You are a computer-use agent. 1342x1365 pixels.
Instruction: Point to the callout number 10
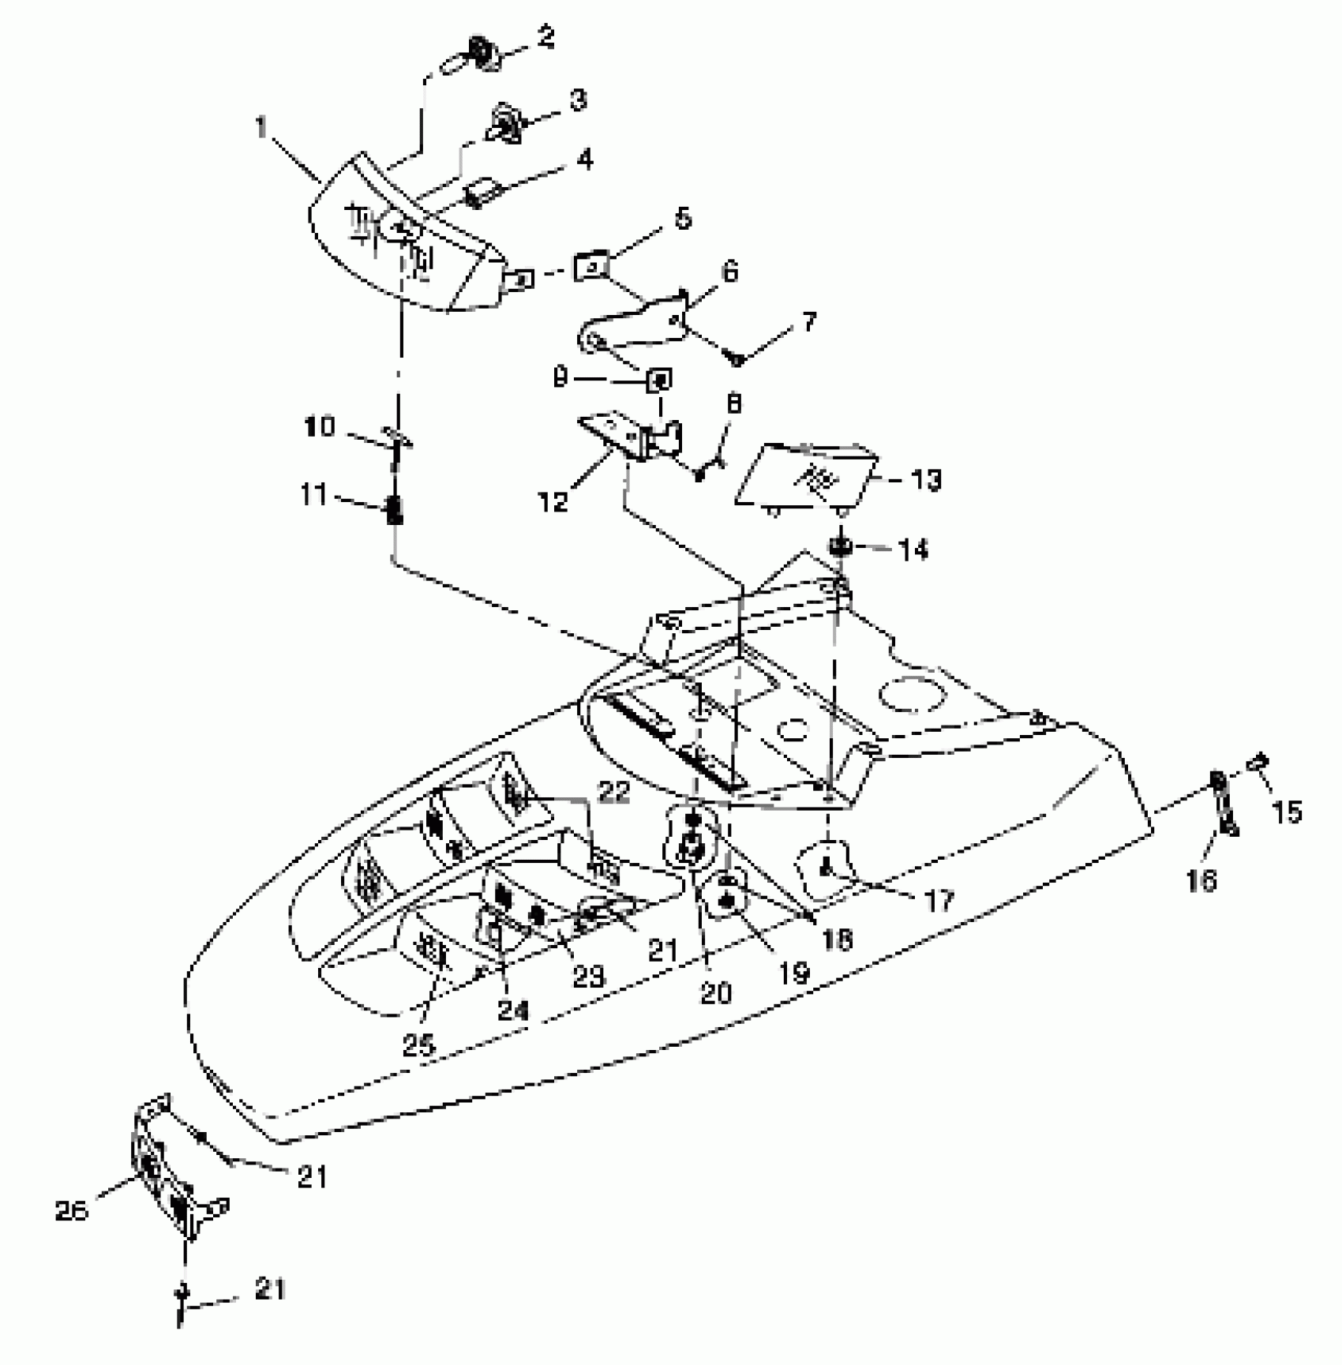(x=321, y=427)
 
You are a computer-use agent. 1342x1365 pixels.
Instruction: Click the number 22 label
(x=614, y=792)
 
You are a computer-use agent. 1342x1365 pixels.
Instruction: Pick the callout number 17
(x=939, y=899)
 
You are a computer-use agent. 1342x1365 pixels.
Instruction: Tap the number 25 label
(x=418, y=1046)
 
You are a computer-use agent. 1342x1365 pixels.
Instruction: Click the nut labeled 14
(x=840, y=546)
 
